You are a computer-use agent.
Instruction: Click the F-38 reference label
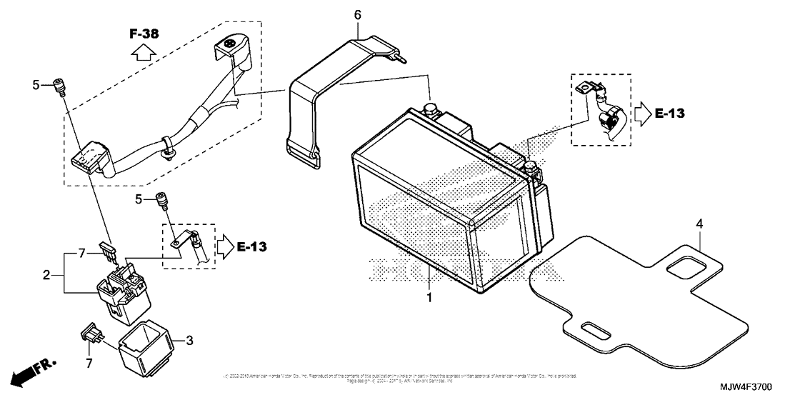(x=144, y=34)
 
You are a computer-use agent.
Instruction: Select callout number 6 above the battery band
(x=358, y=14)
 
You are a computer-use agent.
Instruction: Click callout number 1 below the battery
(x=429, y=296)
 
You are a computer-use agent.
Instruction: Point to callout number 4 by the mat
(x=700, y=224)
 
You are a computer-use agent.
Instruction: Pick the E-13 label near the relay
(x=254, y=246)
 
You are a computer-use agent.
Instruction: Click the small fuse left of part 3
(x=91, y=331)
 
